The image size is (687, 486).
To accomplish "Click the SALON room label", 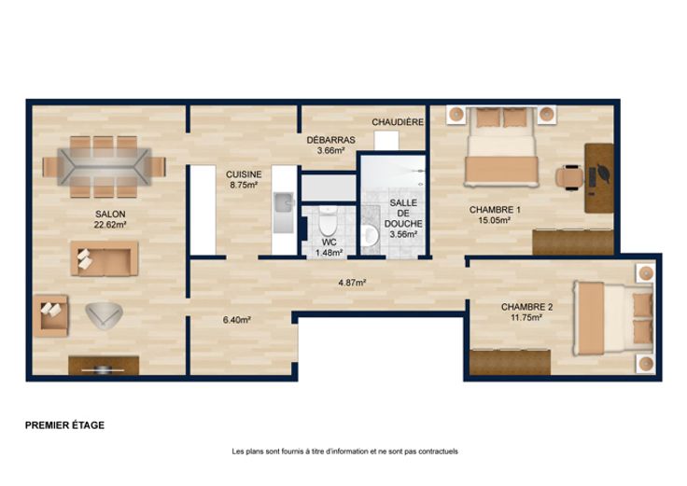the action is pos(110,215).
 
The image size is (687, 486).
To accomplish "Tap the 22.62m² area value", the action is pos(110,225).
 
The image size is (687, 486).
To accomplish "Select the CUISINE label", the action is pos(244,174).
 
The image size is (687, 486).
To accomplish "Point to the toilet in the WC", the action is pos(328,221).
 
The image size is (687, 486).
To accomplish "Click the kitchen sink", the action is pos(284,213).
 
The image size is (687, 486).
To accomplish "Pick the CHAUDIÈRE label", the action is pos(398,122).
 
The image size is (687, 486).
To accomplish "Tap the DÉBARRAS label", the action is pos(330,140).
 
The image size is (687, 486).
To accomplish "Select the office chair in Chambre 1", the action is pos(569,177).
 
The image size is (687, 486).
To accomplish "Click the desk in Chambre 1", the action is pos(599,178).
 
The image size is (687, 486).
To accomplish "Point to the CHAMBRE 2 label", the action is pos(526,307).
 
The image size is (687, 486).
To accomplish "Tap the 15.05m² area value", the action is pos(494,221).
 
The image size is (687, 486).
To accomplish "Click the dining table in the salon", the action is pos(105,167).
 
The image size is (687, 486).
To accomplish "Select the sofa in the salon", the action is pos(105,258).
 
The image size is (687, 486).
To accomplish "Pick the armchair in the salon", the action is pos(50,315).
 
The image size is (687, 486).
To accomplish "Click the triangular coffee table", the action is pos(104,315).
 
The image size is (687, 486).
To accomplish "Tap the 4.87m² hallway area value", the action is pos(352,283).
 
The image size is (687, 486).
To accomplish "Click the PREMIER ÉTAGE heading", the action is pos(64,425).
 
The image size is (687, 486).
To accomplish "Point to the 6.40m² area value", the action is pos(236,320).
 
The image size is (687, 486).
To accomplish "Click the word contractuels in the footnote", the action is pos(438,451).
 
